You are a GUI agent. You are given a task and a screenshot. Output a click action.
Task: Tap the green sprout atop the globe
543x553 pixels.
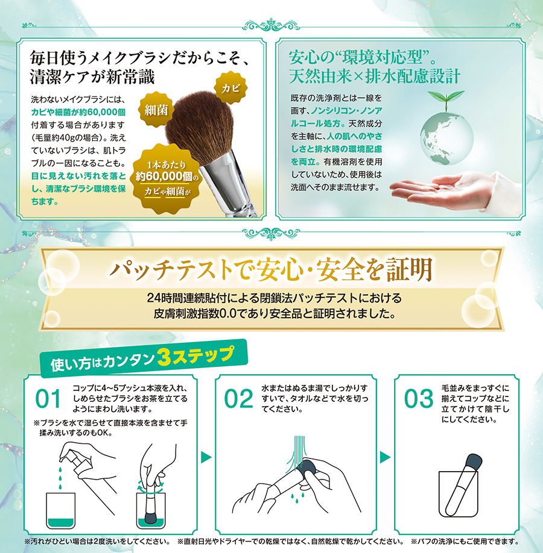click(446, 99)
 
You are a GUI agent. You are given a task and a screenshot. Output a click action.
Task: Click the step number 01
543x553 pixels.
click(49, 399)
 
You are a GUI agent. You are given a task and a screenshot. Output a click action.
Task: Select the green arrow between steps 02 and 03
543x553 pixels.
click(386, 457)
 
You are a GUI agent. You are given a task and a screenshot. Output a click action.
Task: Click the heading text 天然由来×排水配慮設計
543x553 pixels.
click(375, 77)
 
